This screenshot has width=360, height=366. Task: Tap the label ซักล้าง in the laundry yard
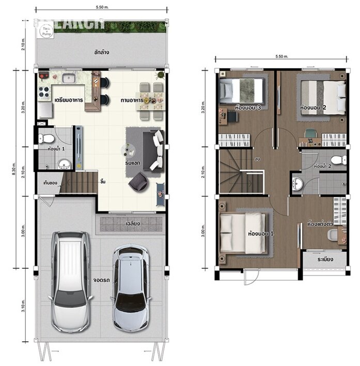(x=101, y=52)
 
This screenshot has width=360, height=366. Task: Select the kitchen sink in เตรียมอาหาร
(x=69, y=78)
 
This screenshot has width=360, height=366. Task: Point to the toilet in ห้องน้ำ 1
(x=45, y=139)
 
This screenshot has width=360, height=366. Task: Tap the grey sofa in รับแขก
(x=156, y=149)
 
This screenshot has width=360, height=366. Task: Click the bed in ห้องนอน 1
(x=242, y=233)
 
